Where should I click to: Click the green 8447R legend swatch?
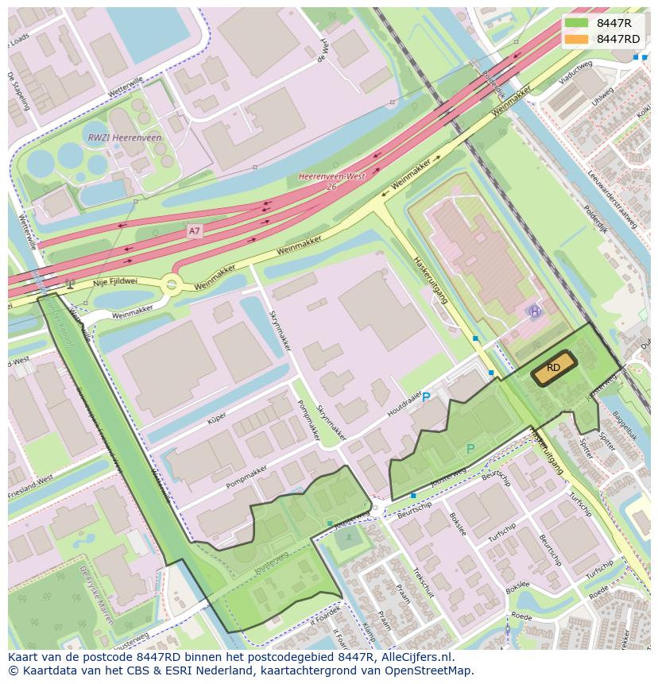point(576,23)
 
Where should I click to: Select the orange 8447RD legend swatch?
point(576,39)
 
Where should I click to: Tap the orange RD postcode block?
point(554,368)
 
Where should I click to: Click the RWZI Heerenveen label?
point(124,137)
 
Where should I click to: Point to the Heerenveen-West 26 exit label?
point(331,181)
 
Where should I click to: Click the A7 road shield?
point(195,230)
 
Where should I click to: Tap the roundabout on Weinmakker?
point(172,284)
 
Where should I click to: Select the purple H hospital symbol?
point(535,312)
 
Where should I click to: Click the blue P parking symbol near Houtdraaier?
point(426,397)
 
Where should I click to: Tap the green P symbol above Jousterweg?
point(470,449)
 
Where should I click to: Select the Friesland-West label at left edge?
point(30,479)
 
